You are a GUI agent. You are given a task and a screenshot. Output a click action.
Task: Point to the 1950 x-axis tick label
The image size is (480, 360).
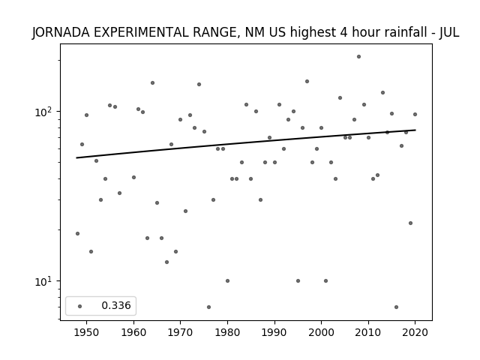(x=87, y=332)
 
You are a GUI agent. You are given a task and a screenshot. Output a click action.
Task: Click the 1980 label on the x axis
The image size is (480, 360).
(x=227, y=332)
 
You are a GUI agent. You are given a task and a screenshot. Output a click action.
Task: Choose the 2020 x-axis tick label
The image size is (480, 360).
(x=415, y=332)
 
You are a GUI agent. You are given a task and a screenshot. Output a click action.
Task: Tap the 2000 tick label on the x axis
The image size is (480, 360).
(x=321, y=332)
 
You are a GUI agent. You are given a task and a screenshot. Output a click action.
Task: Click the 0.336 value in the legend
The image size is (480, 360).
(x=116, y=305)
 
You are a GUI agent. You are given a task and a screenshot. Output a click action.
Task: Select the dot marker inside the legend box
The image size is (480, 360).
(x=80, y=306)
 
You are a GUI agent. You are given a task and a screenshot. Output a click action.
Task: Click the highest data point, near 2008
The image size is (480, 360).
(x=358, y=57)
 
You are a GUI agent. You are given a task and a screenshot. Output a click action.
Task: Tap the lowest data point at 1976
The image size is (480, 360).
(x=208, y=307)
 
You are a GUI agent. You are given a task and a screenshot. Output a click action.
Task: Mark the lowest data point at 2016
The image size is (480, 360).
(x=397, y=307)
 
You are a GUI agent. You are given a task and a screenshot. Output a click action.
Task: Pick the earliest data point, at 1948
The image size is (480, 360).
(x=77, y=233)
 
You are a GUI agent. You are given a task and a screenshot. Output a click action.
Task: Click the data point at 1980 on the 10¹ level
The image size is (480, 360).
(x=227, y=280)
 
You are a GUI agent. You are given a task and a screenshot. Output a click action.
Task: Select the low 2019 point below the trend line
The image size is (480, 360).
(x=410, y=223)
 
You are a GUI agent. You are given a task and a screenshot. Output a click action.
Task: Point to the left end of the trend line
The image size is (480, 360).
(x=76, y=158)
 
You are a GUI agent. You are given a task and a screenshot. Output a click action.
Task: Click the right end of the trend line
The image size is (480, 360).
(x=415, y=130)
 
